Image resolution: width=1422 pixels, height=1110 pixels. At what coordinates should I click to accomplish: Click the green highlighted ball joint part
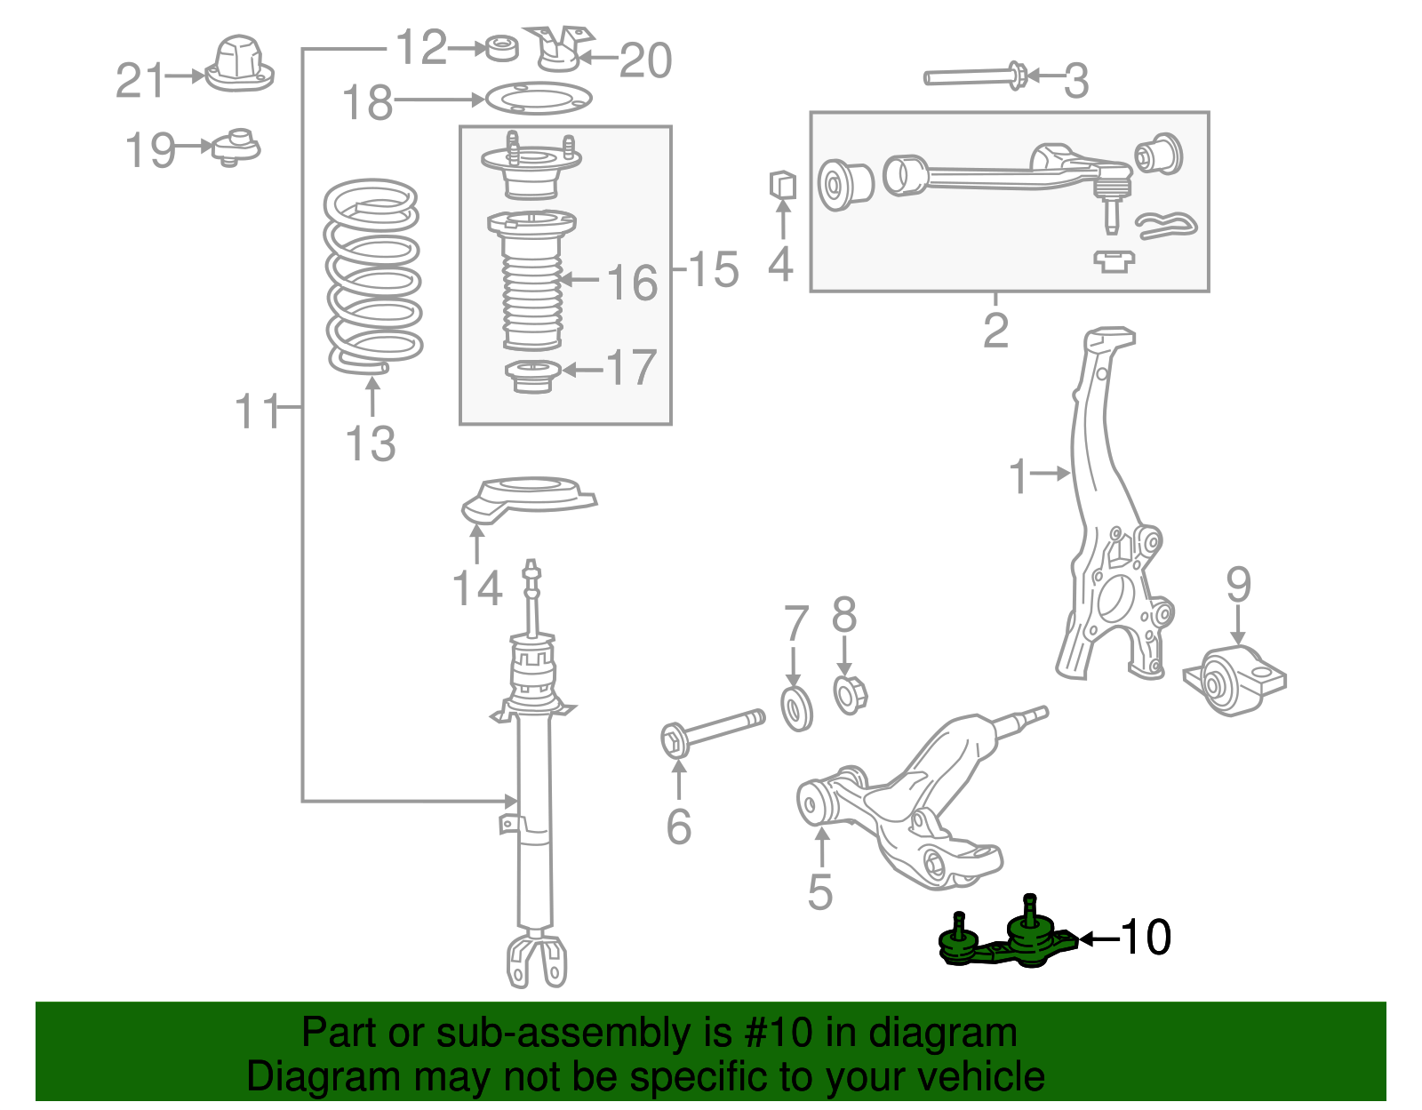pyautogui.click(x=1013, y=945)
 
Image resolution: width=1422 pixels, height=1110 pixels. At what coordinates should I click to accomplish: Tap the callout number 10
pyautogui.click(x=1146, y=938)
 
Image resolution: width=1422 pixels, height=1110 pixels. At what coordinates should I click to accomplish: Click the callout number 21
pyautogui.click(x=140, y=80)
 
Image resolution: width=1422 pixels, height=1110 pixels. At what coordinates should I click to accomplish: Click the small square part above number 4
pyautogui.click(x=782, y=185)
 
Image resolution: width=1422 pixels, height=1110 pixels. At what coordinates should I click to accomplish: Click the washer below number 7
pyautogui.click(x=796, y=708)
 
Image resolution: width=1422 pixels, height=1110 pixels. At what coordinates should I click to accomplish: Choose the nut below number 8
pyautogui.click(x=850, y=694)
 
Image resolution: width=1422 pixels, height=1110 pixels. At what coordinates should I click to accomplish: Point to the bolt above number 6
pyautogui.click(x=711, y=731)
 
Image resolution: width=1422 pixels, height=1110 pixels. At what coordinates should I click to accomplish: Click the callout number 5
pyautogui.click(x=819, y=891)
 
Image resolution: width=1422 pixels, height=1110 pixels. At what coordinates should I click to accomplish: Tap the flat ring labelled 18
pyautogui.click(x=538, y=99)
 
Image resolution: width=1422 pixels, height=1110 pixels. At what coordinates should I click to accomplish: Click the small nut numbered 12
pyautogui.click(x=502, y=48)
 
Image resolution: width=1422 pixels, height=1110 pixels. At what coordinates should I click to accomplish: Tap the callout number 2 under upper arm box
pyautogui.click(x=995, y=331)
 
